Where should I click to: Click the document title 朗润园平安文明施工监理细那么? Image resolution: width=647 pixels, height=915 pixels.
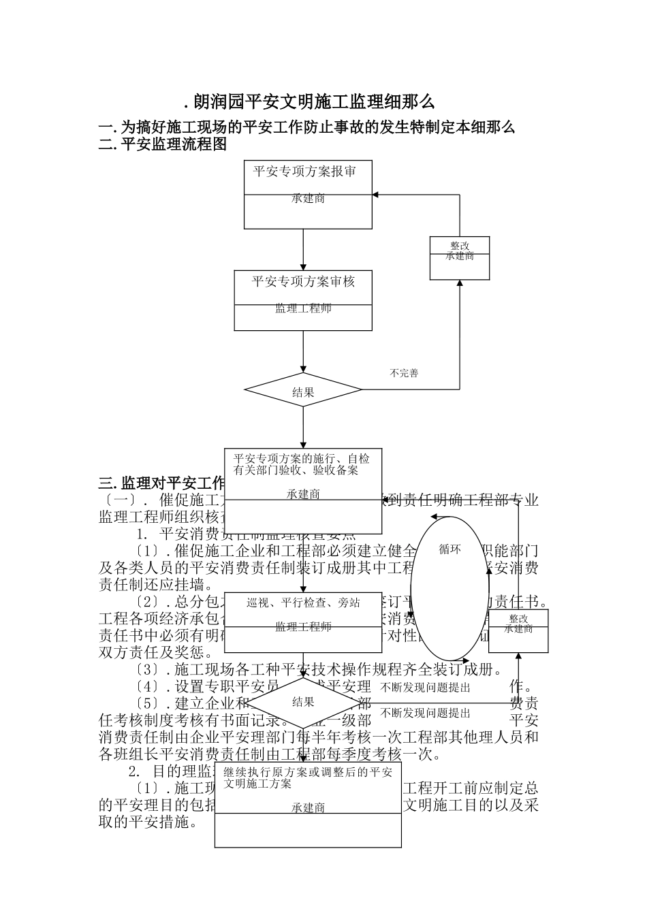pos(310,102)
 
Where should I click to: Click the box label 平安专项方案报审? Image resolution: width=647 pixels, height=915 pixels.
pos(304,171)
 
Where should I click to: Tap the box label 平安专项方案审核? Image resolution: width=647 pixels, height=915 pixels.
pos(303,280)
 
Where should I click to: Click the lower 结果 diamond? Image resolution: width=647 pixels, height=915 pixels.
pos(303,702)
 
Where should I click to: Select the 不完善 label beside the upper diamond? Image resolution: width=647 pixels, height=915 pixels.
pos(404,373)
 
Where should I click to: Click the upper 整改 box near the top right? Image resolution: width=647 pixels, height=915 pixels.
pos(460,251)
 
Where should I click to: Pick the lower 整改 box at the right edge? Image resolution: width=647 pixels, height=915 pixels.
pos(518,624)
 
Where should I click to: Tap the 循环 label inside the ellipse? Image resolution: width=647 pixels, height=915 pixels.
pos(450,549)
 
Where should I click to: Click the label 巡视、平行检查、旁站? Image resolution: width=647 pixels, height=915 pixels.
pos(303,603)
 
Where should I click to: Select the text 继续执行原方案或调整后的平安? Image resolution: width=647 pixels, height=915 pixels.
pos(308,772)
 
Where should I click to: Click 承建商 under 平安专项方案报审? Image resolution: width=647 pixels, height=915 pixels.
pos(308,199)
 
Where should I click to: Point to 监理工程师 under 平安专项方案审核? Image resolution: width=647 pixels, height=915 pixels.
pos(303,308)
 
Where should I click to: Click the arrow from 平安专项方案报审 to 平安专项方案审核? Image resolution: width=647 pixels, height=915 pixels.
pos(304,249)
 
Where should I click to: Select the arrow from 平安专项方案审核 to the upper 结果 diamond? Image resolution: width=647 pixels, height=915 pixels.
pos(304,351)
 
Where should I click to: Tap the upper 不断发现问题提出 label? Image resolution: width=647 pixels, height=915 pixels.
pos(426,688)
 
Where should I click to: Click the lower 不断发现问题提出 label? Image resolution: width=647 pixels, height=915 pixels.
pos(426,713)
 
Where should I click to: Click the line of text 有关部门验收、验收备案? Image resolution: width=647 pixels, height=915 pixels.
pos(296,470)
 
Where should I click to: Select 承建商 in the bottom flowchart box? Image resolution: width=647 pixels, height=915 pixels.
pos(308,807)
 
